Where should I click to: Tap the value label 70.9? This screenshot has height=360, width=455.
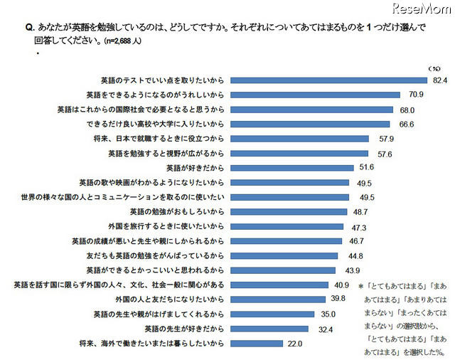(x=413, y=95)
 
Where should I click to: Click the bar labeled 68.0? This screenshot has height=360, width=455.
(x=311, y=110)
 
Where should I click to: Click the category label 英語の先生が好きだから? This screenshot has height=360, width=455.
(x=184, y=329)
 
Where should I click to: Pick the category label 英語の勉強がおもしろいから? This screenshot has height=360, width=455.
(x=178, y=212)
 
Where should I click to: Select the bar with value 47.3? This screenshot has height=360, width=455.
(x=285, y=226)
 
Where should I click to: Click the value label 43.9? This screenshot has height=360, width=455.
(x=353, y=271)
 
